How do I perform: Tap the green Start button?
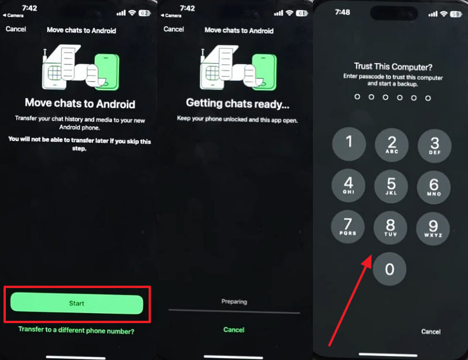click(x=77, y=304)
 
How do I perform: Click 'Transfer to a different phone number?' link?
click(x=77, y=331)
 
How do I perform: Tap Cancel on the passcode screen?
click(x=431, y=331)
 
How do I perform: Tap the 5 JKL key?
click(x=391, y=186)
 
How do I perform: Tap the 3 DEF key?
click(x=433, y=144)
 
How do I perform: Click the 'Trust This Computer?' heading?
click(x=393, y=66)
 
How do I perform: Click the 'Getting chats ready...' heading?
click(x=238, y=104)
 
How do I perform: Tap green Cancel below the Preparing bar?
click(x=234, y=330)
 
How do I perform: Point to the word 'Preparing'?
click(x=234, y=302)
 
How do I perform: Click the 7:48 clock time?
click(x=343, y=13)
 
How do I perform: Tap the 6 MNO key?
click(x=433, y=186)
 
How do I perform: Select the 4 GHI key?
click(x=349, y=186)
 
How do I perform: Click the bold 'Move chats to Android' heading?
click(x=80, y=104)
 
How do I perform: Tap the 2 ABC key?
click(x=391, y=144)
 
